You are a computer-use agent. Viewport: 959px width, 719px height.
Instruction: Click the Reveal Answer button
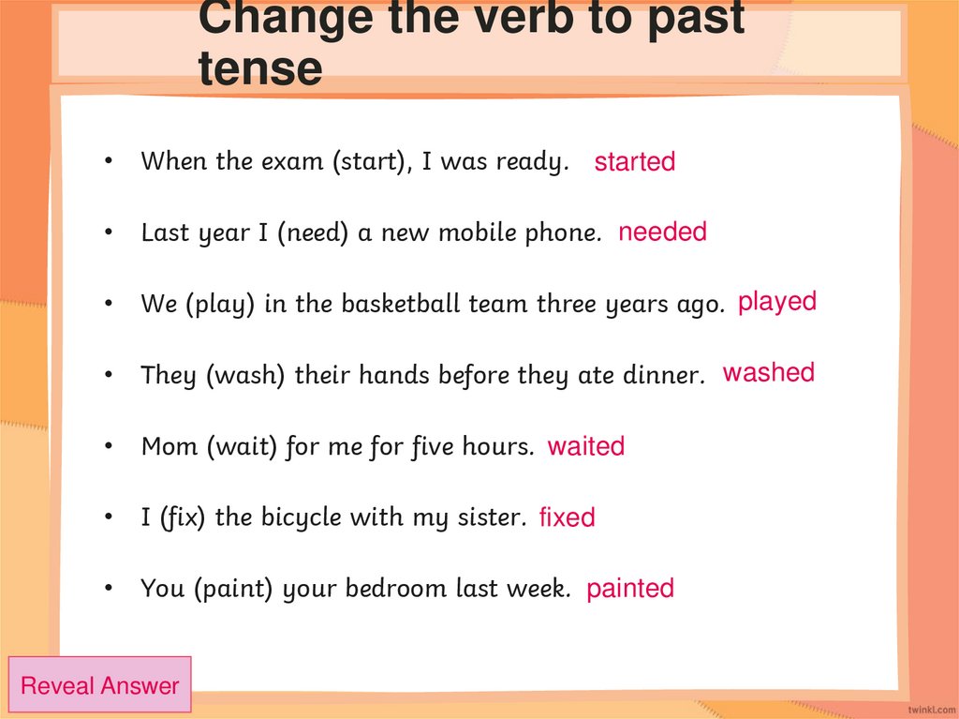99,685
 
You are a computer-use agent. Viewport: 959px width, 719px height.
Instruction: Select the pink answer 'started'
634,162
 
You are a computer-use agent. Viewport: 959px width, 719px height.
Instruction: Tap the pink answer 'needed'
662,232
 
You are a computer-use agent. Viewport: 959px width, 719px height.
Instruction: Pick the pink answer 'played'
776,303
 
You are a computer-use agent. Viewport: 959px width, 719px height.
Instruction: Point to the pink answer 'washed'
768,373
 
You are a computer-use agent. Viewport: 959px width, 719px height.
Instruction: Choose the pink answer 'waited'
585,447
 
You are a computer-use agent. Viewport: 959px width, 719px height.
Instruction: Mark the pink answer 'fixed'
567,517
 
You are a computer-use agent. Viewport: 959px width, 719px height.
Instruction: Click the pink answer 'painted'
629,589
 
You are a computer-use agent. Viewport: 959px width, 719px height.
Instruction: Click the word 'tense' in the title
260,69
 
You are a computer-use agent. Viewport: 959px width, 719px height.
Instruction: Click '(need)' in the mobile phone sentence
314,232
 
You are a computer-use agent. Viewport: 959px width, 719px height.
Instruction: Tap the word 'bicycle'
301,517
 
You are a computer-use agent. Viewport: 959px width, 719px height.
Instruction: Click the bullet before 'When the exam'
110,162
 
